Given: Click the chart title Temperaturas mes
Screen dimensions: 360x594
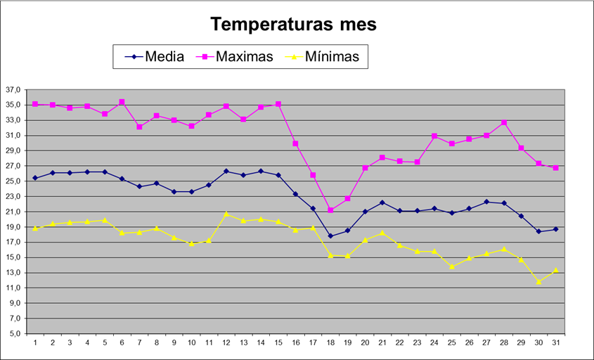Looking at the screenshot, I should click(x=294, y=25).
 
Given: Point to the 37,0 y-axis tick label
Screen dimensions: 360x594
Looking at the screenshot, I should click(x=13, y=90).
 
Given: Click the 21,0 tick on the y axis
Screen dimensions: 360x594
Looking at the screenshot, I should click(x=13, y=212).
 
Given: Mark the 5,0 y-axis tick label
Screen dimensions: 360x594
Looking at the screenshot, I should click(x=13, y=333).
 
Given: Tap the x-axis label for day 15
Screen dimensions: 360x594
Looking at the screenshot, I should click(x=278, y=342).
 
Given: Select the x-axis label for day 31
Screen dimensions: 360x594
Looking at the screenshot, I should click(x=555, y=342).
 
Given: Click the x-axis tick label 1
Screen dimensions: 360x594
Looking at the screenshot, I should click(x=35, y=342).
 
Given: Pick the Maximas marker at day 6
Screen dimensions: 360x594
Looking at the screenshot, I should click(x=122, y=102).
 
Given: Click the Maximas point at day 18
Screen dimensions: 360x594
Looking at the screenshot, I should click(x=330, y=210).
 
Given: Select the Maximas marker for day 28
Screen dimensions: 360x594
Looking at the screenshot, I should click(x=504, y=122).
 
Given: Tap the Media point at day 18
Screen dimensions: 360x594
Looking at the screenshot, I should click(x=330, y=236).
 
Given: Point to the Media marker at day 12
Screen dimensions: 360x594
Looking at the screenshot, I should click(x=226, y=171).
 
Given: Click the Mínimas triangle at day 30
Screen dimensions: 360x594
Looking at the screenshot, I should click(x=538, y=281).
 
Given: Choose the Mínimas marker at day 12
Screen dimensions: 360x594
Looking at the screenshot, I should click(x=226, y=213).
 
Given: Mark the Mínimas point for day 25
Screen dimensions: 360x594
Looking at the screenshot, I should click(x=452, y=266).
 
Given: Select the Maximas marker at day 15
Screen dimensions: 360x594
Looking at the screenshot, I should click(x=278, y=104).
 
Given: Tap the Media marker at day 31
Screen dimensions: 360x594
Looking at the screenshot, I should click(x=556, y=229).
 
